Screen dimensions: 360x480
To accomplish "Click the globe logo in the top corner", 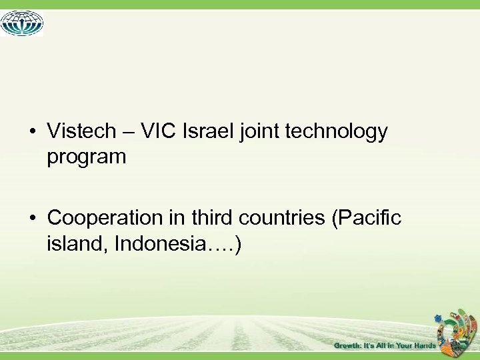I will (x=22, y=23).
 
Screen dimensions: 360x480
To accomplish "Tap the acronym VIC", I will (x=159, y=131).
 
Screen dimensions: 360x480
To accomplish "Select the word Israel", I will (x=208, y=131).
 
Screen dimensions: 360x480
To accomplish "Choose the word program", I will (x=87, y=157).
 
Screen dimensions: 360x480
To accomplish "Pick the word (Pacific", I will (x=366, y=218).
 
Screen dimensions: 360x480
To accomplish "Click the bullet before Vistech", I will (x=33, y=132).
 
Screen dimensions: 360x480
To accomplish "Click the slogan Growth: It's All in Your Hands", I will (x=385, y=345).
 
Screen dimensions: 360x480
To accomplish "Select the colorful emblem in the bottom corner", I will (x=459, y=330).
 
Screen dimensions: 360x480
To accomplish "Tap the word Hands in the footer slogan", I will (x=423, y=345).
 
